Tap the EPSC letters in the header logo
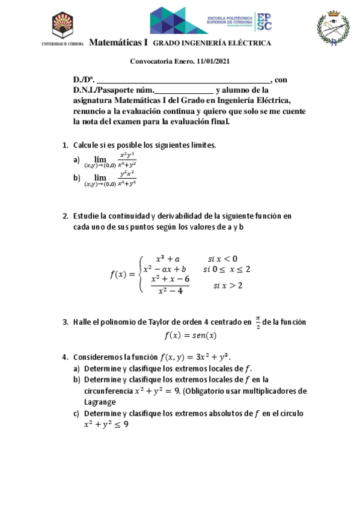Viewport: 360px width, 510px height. point(264,20)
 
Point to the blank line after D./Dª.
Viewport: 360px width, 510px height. point(183,79)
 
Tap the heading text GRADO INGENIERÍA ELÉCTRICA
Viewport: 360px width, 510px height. point(212,43)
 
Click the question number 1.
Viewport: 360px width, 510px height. point(65,146)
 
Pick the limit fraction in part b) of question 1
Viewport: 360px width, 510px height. point(127,177)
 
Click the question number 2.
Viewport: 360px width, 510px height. point(65,216)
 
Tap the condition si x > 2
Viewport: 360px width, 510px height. point(228,285)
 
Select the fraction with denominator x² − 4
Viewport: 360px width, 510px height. point(170,285)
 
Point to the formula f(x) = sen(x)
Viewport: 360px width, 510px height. point(191,336)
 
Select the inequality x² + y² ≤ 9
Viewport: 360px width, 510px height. point(106,424)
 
